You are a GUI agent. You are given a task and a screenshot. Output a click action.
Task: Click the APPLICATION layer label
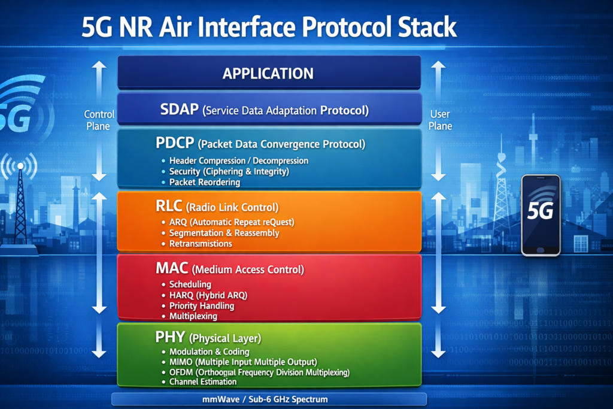click(268, 74)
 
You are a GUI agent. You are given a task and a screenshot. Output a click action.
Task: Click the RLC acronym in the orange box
click(169, 207)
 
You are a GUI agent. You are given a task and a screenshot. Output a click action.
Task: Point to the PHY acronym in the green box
click(170, 337)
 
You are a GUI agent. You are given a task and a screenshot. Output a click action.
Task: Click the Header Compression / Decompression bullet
click(238, 160)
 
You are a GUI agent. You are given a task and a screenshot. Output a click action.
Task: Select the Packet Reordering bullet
click(204, 182)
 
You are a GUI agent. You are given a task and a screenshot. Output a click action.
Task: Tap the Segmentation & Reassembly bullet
click(224, 233)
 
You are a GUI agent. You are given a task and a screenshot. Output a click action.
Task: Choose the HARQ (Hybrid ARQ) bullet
click(208, 295)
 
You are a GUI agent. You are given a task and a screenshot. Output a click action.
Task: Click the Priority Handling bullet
click(201, 305)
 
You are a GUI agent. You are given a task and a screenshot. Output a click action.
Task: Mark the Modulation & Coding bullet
click(209, 352)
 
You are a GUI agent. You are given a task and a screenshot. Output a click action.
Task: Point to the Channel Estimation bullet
click(202, 381)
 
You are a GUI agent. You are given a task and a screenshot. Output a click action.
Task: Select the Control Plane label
click(99, 120)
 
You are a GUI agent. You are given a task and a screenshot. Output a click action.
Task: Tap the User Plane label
click(440, 120)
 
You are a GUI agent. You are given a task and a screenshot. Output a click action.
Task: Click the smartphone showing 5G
click(541, 215)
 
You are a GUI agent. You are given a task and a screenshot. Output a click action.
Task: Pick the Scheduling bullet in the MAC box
click(190, 284)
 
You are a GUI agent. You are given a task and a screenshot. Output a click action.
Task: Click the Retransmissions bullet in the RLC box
click(200, 244)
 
